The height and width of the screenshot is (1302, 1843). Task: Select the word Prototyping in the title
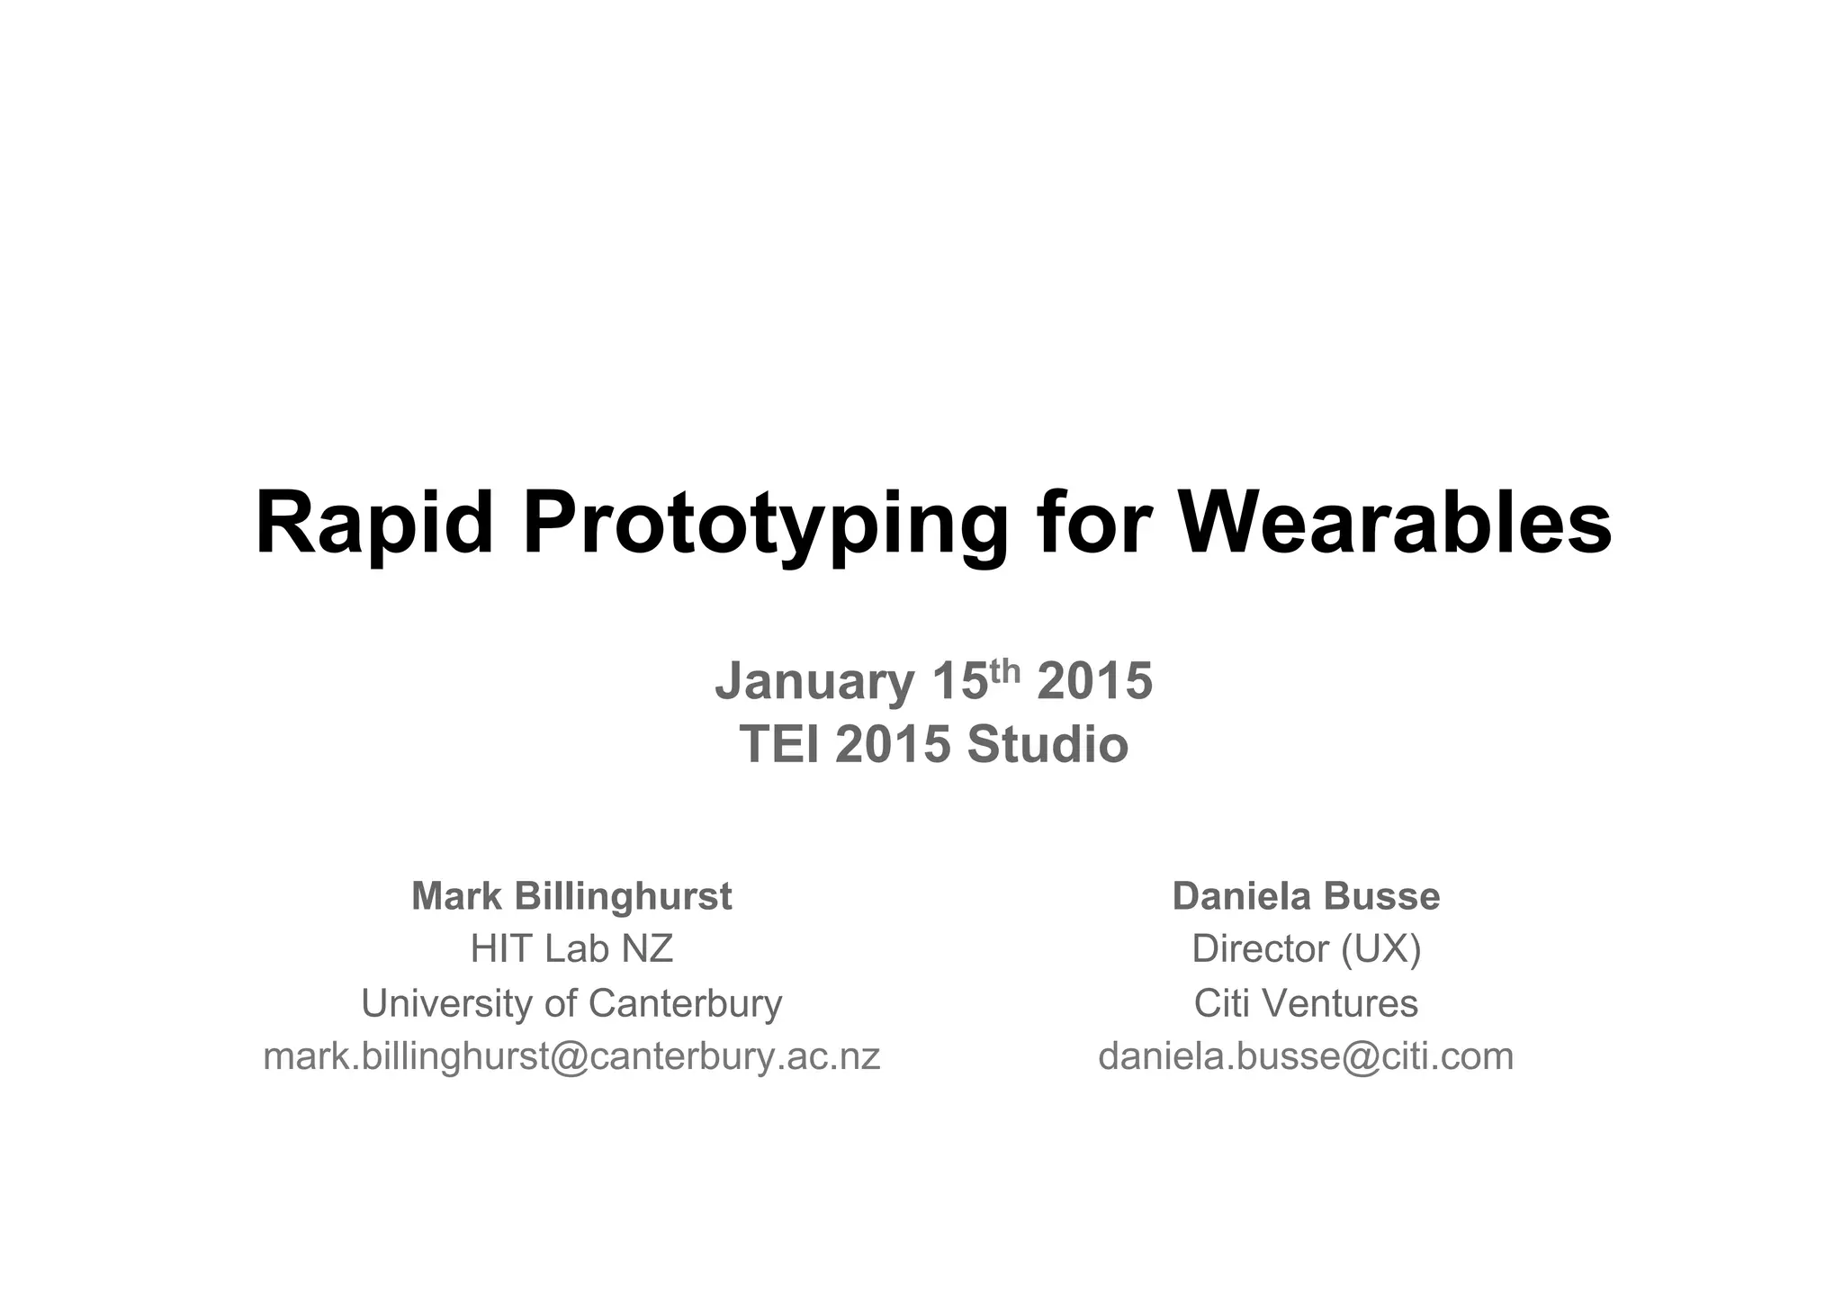pos(765,525)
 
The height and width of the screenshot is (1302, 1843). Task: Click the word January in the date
pos(814,681)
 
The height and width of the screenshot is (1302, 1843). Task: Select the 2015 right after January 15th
pos(1094,681)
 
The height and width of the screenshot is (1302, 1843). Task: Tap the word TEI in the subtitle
pos(780,745)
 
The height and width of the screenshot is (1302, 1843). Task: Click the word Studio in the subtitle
pos(1047,745)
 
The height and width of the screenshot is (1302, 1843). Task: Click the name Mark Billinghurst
pos(571,896)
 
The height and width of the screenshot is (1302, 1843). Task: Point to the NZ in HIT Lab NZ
pos(647,949)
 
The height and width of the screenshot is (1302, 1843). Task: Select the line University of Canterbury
pos(571,1003)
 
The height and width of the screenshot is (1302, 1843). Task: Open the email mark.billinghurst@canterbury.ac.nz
pos(571,1056)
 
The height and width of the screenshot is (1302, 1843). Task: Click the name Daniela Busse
pos(1306,896)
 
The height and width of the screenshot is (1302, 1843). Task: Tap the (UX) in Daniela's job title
pos(1380,949)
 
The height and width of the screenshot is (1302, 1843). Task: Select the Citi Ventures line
pos(1306,1003)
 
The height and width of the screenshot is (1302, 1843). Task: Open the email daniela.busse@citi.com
pos(1306,1056)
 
